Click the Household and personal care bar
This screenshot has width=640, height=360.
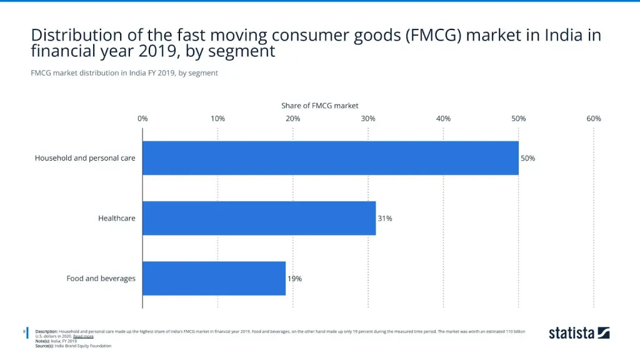[330, 158]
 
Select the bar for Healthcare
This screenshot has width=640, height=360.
[259, 218]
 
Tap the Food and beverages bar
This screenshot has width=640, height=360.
[214, 278]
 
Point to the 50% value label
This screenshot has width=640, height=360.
[528, 158]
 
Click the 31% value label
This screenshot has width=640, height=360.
[385, 218]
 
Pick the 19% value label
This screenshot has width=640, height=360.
[294, 279]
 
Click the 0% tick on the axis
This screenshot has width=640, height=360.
[142, 119]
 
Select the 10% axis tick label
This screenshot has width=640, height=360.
[217, 119]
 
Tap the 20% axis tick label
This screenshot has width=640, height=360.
[292, 119]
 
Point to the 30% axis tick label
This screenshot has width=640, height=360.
[368, 119]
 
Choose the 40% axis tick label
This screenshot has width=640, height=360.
[443, 119]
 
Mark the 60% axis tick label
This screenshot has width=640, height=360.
[594, 119]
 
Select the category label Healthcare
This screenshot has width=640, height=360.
[116, 218]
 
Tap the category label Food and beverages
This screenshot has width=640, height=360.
[101, 278]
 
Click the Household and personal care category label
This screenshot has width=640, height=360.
[85, 158]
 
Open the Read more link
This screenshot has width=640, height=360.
[83, 336]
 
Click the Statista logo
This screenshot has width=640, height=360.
[579, 332]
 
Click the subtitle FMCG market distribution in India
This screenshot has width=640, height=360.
[124, 73]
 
